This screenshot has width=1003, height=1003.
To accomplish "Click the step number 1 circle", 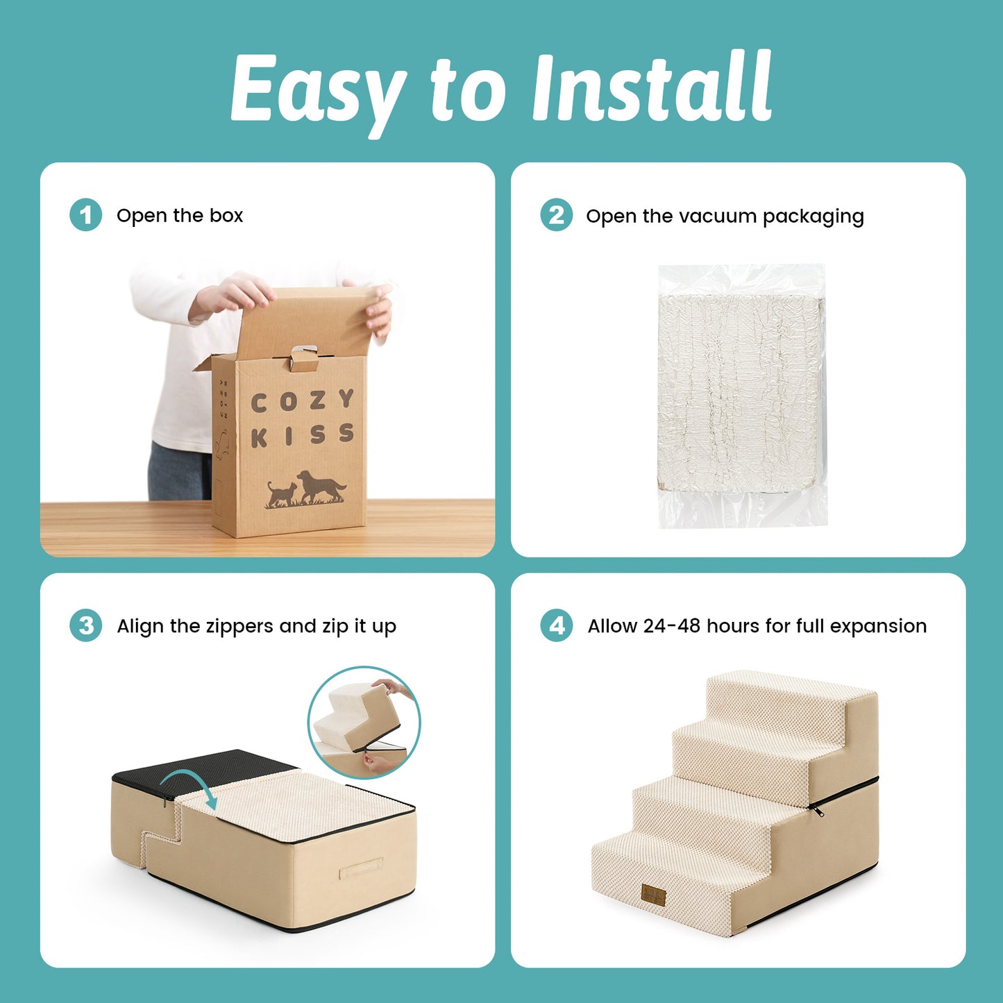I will [x=86, y=215].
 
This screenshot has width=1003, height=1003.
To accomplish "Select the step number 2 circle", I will [x=557, y=215].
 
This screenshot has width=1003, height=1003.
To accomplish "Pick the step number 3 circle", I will [x=86, y=625].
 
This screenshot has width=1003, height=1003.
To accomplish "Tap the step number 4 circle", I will [x=557, y=625].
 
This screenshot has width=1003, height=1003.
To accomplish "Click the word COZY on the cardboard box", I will [x=303, y=401].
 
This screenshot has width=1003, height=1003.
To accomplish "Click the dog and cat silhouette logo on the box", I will [x=306, y=489].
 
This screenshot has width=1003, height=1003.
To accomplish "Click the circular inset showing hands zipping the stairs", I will [x=364, y=723].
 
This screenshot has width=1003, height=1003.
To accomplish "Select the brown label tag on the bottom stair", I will [x=654, y=896].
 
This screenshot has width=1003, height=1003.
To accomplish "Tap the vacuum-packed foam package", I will [x=742, y=395].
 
